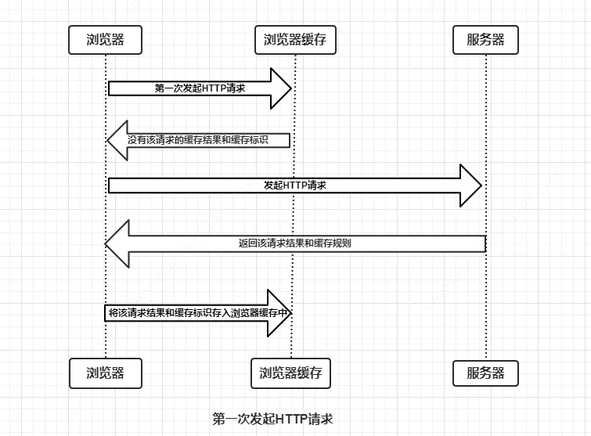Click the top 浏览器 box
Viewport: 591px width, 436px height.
(106, 40)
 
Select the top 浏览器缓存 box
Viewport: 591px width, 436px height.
(294, 40)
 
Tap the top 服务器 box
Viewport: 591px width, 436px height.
(485, 40)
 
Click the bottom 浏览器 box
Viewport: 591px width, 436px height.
(106, 373)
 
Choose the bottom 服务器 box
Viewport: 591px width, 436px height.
(485, 373)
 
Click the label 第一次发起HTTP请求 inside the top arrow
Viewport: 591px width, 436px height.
(200, 88)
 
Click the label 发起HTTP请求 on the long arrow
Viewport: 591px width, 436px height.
(295, 186)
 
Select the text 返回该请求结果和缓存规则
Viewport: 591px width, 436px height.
(294, 243)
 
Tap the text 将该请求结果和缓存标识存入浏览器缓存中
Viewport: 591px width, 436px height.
(200, 312)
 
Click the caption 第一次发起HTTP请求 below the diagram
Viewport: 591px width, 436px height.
(272, 419)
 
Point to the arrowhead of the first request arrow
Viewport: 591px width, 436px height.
(280, 88)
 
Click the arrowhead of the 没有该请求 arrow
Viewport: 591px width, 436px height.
(117, 141)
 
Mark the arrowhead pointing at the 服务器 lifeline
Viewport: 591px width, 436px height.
(471, 186)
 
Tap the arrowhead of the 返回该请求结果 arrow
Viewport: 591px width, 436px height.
(117, 243)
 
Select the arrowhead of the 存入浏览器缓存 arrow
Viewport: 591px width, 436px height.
(279, 312)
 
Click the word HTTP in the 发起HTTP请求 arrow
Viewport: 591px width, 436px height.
(295, 186)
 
